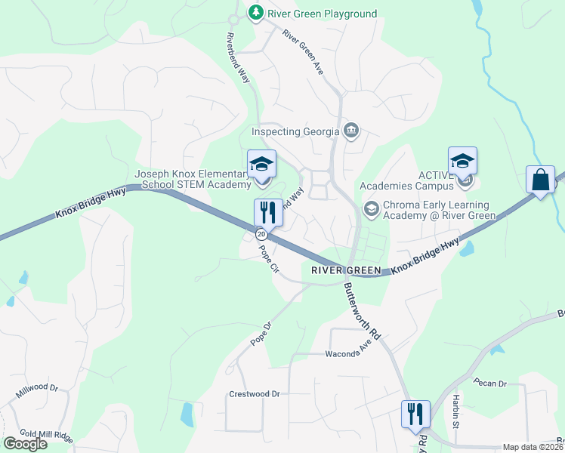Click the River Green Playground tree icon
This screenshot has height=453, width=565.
256,13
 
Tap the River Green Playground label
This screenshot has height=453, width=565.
322,14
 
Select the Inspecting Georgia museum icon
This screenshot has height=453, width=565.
350,131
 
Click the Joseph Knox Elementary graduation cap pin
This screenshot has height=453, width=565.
261,164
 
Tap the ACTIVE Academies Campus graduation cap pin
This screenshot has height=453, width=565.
462,161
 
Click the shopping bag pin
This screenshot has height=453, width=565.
540,181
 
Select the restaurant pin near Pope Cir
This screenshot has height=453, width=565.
268,212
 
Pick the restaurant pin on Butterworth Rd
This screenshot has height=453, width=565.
415,414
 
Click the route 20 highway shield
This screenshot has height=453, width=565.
261,234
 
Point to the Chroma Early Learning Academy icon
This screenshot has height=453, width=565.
371,208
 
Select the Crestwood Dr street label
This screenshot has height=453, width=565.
254,394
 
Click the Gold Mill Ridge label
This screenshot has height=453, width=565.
46,436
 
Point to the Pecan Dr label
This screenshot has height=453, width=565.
491,384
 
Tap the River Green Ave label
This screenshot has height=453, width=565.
303,51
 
